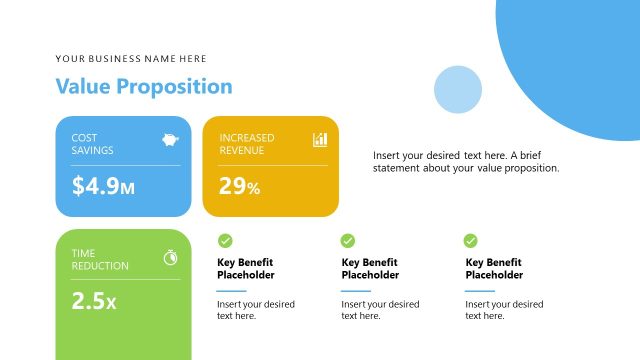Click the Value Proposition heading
144,87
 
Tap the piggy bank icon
170,140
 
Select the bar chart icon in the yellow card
320,140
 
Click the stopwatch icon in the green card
171,257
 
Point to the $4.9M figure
103,186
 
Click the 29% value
240,186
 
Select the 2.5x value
94,301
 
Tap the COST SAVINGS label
92,144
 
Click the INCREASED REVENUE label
247,144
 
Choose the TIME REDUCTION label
100,260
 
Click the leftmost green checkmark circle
225,240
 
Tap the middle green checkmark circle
348,240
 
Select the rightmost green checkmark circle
471,240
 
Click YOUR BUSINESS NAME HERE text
131,59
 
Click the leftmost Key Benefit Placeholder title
246,269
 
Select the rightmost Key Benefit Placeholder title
494,269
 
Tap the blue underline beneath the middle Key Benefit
356,291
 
